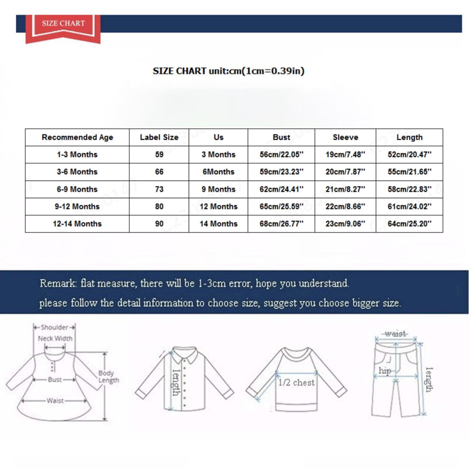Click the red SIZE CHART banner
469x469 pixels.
tap(63, 27)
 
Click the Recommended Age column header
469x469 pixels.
tap(77, 137)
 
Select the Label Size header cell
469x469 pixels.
tap(159, 137)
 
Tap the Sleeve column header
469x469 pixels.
tap(345, 137)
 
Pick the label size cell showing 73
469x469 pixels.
tap(159, 189)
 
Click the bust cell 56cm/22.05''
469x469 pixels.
tap(281, 154)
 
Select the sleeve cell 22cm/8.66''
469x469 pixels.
tap(345, 207)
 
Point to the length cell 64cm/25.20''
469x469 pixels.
tap(409, 224)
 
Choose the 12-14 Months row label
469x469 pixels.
tap(77, 224)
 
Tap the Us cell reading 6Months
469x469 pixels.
tap(218, 172)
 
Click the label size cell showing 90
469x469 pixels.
tap(159, 224)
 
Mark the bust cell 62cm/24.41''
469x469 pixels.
tap(281, 189)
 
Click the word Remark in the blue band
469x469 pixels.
tap(58, 283)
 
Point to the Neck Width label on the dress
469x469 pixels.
tap(55, 339)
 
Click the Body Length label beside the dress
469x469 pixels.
tap(108, 377)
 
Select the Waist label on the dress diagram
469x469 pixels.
tap(55, 401)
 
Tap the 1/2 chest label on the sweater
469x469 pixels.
tap(297, 383)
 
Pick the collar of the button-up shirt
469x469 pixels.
tap(185, 353)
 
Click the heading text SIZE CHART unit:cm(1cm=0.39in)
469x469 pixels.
tap(228, 71)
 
